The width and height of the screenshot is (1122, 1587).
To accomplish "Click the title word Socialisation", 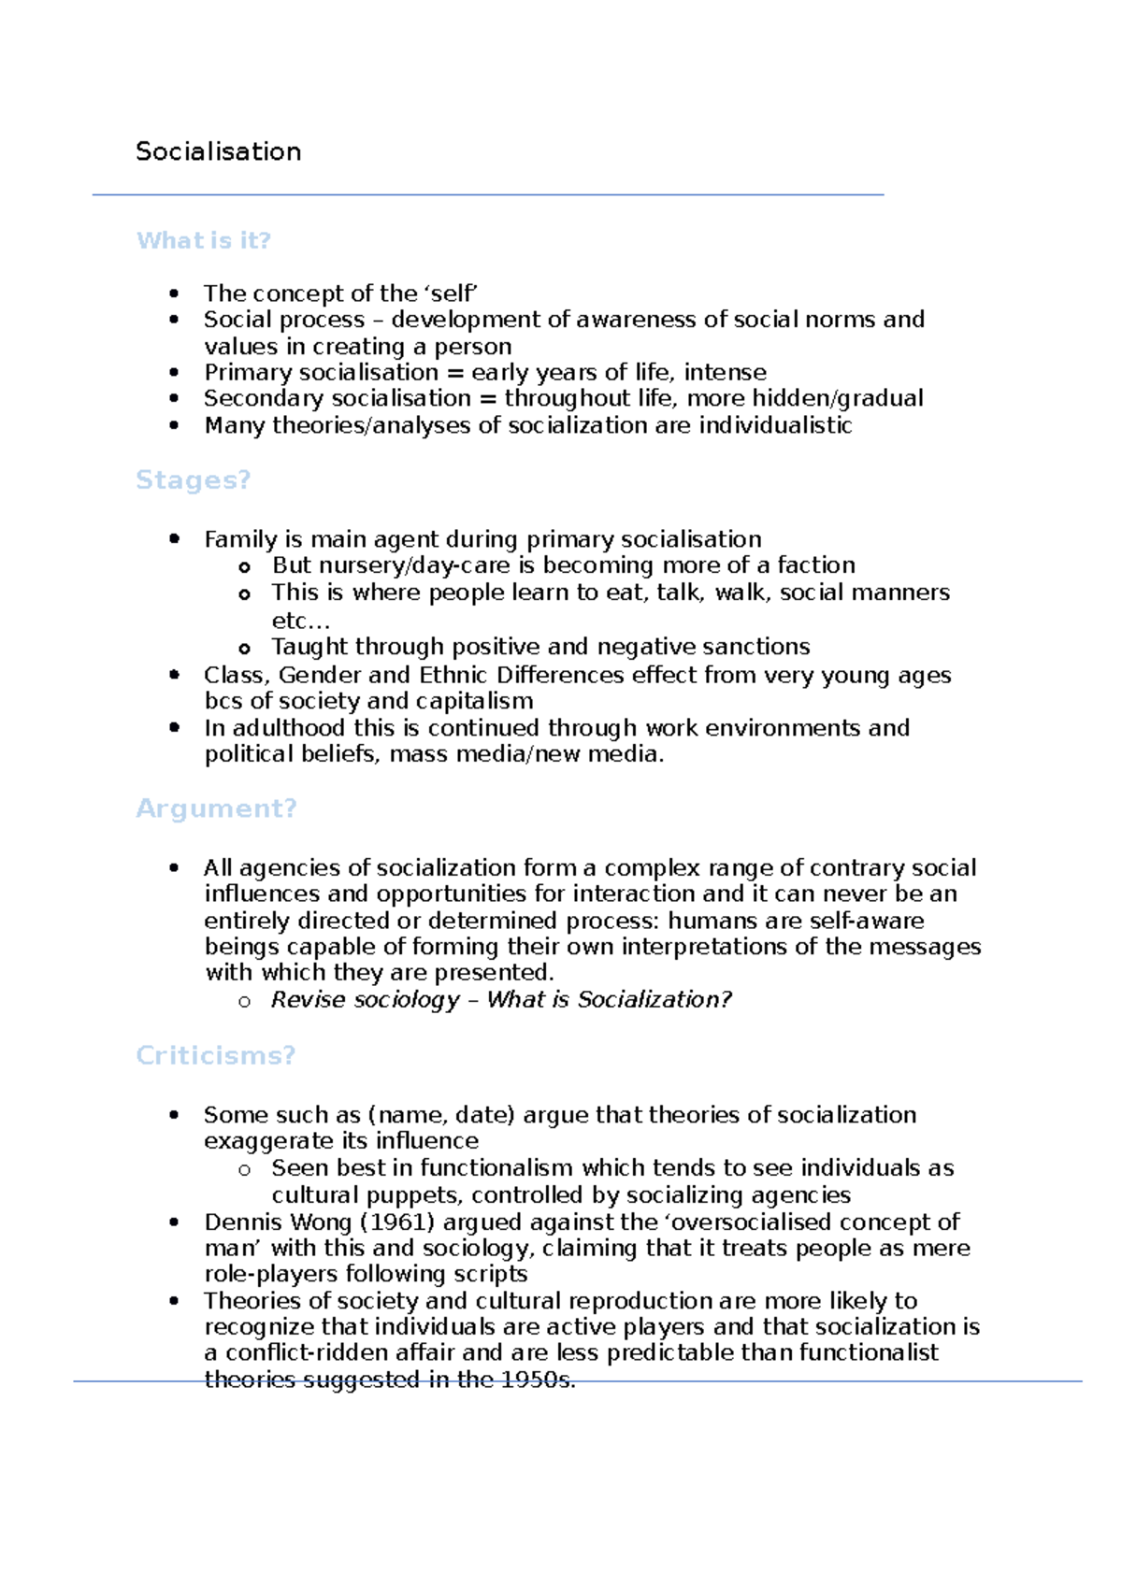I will point(218,151).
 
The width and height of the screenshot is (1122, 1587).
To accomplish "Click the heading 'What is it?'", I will point(203,240).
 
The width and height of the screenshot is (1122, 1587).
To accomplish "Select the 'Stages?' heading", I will point(193,479).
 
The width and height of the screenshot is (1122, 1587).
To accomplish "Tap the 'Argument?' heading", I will point(216,808).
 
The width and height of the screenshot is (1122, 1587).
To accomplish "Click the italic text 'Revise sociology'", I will point(366,1000).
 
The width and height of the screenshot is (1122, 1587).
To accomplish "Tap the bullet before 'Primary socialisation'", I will point(174,372).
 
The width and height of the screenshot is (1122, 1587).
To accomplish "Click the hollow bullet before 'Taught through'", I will point(245,648).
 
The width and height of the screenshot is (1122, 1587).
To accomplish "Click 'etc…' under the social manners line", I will point(300,621).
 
